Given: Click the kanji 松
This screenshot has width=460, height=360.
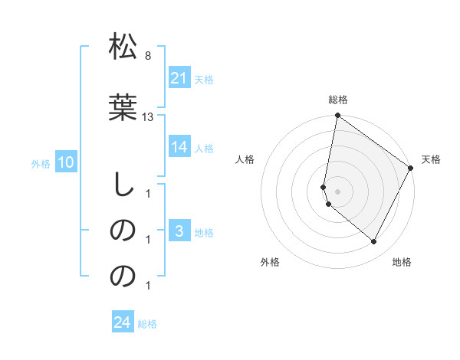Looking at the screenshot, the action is (x=123, y=47).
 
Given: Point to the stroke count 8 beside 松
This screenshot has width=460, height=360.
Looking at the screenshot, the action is (x=147, y=57).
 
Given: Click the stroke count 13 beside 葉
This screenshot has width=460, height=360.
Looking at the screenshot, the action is (x=148, y=116).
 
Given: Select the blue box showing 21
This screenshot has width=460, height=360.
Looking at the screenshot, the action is (x=179, y=78).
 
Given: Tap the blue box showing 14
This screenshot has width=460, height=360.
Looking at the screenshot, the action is (x=179, y=147).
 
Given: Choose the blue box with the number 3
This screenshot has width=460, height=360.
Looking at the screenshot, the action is (x=179, y=231).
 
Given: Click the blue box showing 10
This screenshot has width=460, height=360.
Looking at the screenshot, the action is (x=66, y=162).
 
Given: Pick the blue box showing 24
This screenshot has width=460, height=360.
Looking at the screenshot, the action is (x=123, y=322).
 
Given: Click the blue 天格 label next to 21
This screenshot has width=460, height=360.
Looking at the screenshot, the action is (x=204, y=79).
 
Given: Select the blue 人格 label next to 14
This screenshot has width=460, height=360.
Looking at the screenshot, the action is (x=204, y=148).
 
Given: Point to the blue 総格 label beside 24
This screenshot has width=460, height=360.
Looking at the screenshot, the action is (x=147, y=324).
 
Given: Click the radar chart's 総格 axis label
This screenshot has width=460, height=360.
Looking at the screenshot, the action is (x=338, y=100).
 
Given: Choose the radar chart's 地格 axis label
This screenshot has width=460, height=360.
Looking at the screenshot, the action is (x=402, y=262).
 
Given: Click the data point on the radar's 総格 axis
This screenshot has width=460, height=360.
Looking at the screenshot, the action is (x=338, y=116).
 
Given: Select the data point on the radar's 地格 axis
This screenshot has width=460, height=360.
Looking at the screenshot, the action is (x=374, y=242).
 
